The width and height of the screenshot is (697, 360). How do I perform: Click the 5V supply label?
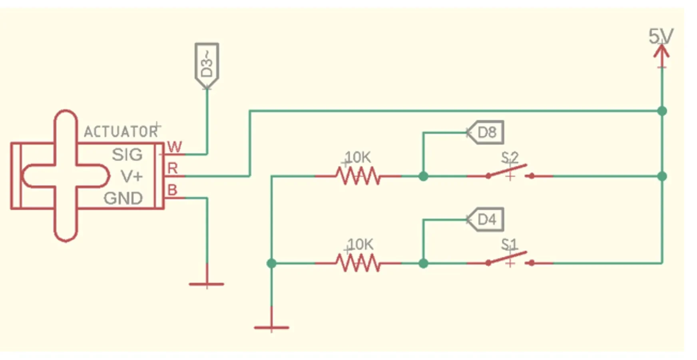661,36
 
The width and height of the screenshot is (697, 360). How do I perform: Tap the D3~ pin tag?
207,66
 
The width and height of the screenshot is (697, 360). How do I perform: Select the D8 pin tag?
485,132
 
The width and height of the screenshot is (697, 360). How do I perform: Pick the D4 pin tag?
485,219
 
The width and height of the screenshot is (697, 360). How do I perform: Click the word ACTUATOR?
121,131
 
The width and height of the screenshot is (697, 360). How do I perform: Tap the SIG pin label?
127,155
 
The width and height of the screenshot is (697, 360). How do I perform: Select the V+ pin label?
132,176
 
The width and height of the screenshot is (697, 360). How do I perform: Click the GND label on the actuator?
123,198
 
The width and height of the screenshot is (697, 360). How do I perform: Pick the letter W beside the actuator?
175,147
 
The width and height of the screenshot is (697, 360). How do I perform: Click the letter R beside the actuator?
173,168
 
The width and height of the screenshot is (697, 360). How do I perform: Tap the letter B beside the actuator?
172,189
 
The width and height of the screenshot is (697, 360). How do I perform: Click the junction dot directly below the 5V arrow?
662,111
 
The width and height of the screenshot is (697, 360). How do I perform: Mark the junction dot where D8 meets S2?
423,176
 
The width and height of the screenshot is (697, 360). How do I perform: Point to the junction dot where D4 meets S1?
423,263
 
